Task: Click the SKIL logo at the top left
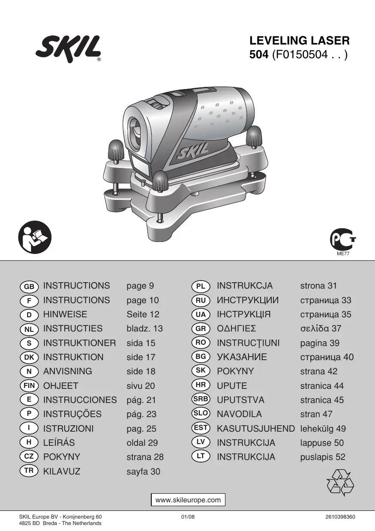click(x=68, y=49)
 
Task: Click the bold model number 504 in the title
click(x=259, y=55)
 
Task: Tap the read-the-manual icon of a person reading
click(x=35, y=237)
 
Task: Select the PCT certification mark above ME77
click(x=343, y=240)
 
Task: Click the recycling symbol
click(x=340, y=483)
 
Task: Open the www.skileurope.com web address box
click(x=188, y=500)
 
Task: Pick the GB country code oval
click(x=29, y=286)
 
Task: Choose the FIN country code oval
click(x=29, y=386)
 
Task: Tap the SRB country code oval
click(x=201, y=399)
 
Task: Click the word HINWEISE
click(x=65, y=314)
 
